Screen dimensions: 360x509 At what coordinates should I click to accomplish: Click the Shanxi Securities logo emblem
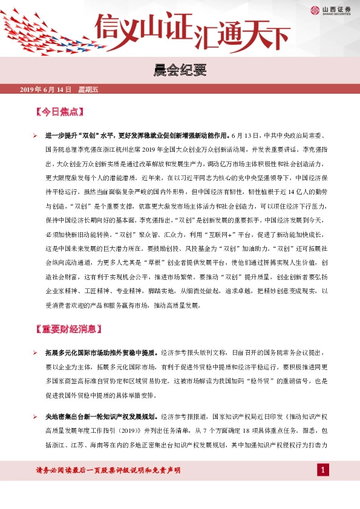point(315,9)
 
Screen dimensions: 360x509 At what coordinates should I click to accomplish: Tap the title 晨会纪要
point(180,71)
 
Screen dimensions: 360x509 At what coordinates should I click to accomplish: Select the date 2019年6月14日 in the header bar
point(46,89)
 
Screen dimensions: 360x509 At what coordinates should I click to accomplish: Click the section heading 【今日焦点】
point(61,112)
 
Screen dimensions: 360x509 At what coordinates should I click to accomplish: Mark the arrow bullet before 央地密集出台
point(35,417)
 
